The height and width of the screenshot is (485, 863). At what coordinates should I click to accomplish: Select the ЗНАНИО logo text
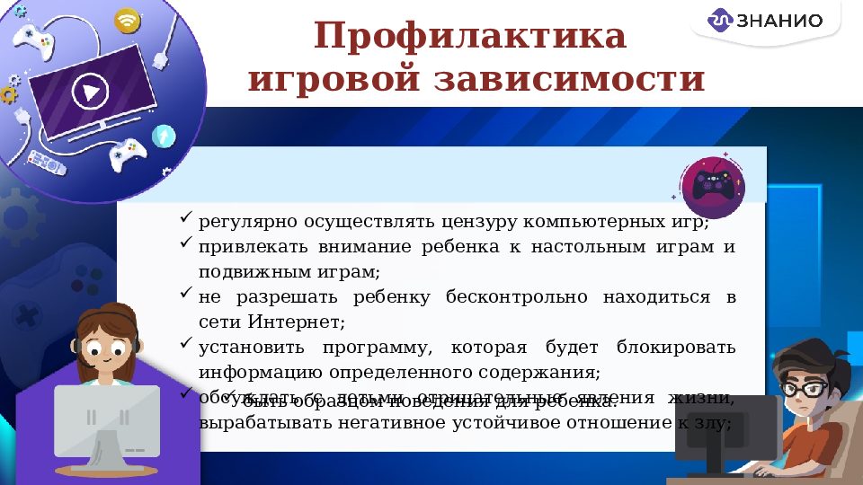coord(777,20)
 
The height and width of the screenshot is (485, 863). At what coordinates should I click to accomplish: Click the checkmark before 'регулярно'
coord(185,218)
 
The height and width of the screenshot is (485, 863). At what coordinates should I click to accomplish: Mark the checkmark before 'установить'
coord(185,344)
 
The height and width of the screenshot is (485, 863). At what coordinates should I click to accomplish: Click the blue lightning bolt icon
coord(165,136)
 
